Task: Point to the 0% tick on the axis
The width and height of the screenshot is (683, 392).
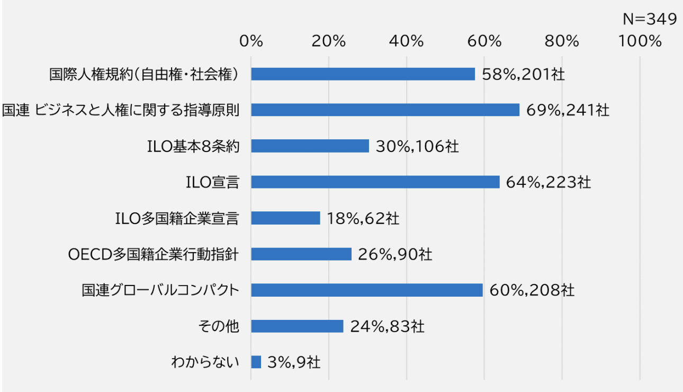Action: click(251, 41)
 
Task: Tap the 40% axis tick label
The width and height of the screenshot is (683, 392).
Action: click(406, 41)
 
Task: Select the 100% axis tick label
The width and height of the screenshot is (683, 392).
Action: click(640, 41)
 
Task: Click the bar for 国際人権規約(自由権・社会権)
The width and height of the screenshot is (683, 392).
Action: click(363, 74)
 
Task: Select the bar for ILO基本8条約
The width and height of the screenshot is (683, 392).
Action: click(310, 146)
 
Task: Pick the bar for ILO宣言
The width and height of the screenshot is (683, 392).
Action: click(375, 182)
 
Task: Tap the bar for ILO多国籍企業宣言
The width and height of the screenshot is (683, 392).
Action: click(285, 218)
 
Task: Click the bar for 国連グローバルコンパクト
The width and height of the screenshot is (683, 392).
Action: click(367, 290)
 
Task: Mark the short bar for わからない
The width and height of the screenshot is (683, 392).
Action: click(256, 362)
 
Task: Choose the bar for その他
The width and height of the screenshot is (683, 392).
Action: click(297, 326)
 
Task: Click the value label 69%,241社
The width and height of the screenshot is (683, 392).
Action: click(568, 110)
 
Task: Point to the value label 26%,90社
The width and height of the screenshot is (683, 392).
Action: click(395, 254)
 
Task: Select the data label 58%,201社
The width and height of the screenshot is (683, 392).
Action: click(523, 74)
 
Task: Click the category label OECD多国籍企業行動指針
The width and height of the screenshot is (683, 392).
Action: click(154, 254)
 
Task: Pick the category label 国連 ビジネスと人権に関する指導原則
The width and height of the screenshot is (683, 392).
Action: click(121, 110)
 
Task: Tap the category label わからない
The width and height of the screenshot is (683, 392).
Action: click(205, 362)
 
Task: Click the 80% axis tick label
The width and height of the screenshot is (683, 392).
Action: click(562, 41)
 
